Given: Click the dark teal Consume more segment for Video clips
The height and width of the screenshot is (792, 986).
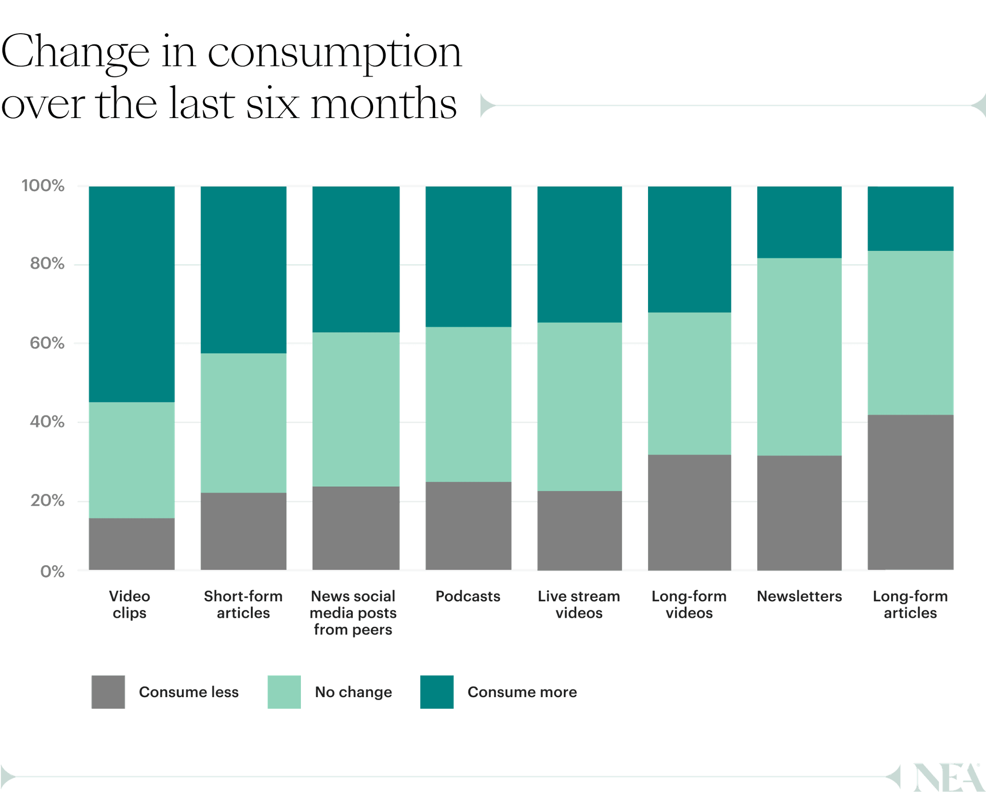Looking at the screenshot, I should click(x=131, y=294).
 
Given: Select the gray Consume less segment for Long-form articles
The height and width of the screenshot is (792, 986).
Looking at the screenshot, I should click(x=910, y=492).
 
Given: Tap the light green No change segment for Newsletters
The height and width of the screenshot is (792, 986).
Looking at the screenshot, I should click(x=799, y=356).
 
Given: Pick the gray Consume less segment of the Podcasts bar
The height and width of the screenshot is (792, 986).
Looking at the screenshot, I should click(x=468, y=526).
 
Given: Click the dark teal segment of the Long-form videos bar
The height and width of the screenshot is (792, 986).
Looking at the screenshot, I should click(x=689, y=249).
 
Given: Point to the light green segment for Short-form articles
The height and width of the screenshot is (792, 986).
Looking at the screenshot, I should click(x=243, y=423).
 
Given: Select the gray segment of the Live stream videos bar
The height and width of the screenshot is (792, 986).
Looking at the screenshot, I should click(x=579, y=531).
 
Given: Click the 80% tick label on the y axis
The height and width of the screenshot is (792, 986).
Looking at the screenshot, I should click(x=47, y=264).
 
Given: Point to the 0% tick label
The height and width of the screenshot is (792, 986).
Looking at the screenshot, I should click(x=52, y=571).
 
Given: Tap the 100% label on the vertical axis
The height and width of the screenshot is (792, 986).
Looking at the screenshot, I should click(x=43, y=185).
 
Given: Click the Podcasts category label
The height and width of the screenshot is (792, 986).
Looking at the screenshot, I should click(x=467, y=597).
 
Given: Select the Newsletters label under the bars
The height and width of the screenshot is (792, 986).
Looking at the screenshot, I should click(x=799, y=597).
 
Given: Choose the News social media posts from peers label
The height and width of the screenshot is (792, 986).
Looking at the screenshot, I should click(x=353, y=613).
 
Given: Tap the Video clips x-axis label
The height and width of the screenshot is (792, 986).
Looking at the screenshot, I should click(x=130, y=605).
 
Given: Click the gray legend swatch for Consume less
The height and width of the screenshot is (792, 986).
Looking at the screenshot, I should click(x=108, y=692).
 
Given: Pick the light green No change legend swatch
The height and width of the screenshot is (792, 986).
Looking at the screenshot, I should click(x=284, y=692).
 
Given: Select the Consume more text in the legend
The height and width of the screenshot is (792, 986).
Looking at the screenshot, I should click(x=522, y=692).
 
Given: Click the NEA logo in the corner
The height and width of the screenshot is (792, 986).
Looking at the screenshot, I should click(x=947, y=776).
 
